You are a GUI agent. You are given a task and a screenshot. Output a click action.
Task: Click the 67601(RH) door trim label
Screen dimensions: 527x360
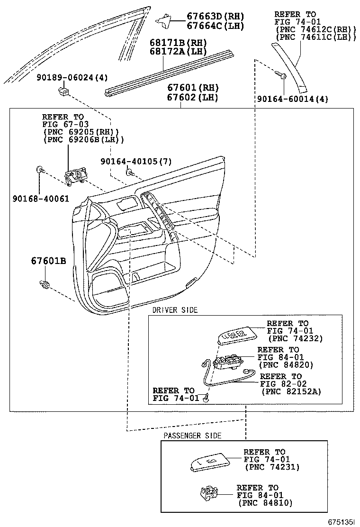(192, 88)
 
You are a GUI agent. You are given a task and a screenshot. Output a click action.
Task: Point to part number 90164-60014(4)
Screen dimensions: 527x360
(292, 99)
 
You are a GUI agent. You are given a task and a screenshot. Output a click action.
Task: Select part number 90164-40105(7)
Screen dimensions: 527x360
(136, 161)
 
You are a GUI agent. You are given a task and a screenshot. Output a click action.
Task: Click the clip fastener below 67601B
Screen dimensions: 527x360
(45, 285)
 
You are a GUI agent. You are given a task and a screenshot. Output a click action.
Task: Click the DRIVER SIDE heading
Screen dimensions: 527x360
(175, 310)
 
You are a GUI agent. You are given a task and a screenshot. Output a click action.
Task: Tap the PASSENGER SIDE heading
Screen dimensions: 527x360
(192, 436)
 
